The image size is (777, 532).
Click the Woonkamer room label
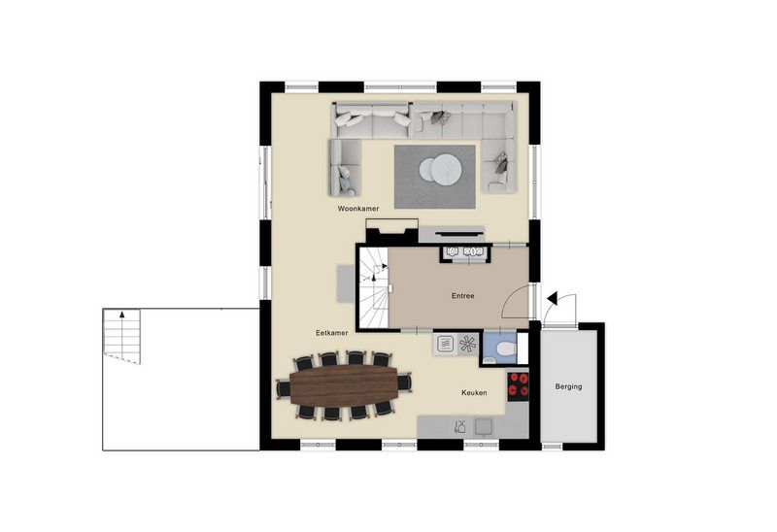pyautogui.click(x=357, y=209)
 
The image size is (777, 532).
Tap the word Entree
pyautogui.click(x=462, y=295)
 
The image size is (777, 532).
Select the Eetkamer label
pyautogui.click(x=331, y=333)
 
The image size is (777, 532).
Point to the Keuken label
pyautogui.click(x=474, y=393)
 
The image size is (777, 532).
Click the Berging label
pyautogui.click(x=568, y=386)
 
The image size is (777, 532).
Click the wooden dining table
pyautogui.click(x=344, y=385)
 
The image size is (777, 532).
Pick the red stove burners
pyautogui.click(x=519, y=385)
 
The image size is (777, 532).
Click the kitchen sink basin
pyautogui.click(x=483, y=424)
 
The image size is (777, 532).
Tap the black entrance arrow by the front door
pyautogui.click(x=552, y=299)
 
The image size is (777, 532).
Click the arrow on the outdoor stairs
pyautogui.click(x=122, y=315)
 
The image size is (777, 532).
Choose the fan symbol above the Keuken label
pyautogui.click(x=468, y=343)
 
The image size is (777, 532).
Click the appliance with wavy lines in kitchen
pyautogui.click(x=445, y=343)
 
